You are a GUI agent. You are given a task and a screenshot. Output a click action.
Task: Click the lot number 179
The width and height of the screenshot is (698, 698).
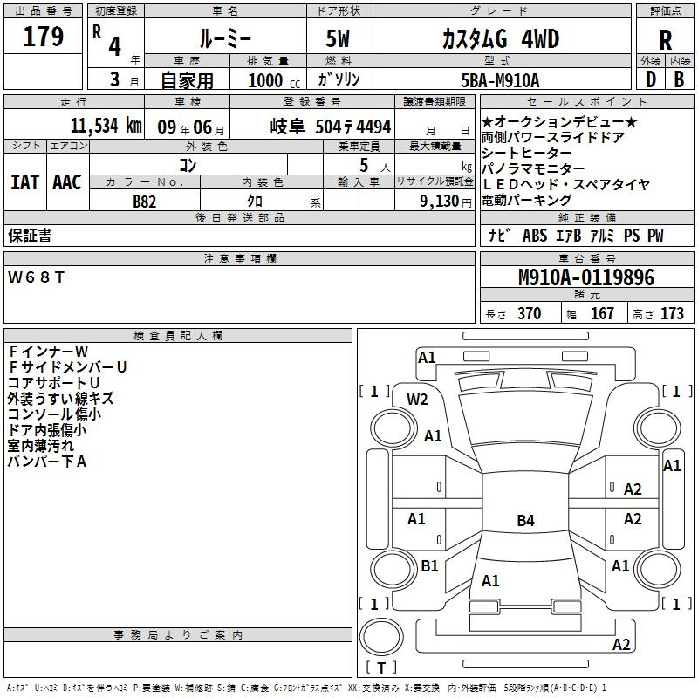(43, 36)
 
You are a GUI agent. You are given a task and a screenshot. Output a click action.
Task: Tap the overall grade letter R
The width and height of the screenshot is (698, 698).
(665, 40)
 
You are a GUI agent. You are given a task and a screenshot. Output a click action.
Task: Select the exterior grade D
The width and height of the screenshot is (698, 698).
(650, 79)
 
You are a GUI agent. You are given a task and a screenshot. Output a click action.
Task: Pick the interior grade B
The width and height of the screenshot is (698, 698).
(679, 79)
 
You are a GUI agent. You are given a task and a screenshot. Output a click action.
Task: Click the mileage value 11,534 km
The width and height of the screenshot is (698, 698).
(106, 126)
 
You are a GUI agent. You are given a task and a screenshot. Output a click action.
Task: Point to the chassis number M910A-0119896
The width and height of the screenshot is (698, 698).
(586, 277)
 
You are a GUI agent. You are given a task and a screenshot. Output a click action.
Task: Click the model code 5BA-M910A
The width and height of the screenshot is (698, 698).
(500, 80)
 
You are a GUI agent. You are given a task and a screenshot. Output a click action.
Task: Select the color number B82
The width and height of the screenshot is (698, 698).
(145, 202)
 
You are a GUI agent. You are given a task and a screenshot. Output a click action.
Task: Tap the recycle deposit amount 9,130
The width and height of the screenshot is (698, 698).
(440, 202)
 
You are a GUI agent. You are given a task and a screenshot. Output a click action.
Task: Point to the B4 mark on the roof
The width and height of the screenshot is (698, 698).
(525, 520)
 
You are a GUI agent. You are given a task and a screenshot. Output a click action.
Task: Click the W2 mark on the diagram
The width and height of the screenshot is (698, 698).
(417, 400)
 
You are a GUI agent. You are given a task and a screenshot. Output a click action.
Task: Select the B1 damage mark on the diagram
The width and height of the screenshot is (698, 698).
(429, 565)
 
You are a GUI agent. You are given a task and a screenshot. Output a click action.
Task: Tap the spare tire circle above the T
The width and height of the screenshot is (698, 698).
(381, 637)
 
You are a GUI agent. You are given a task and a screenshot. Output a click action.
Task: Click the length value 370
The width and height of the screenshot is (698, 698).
(529, 313)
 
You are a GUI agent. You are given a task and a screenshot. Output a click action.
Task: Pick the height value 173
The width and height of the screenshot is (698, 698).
(672, 313)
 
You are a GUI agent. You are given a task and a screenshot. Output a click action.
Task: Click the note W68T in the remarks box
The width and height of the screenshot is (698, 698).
(36, 277)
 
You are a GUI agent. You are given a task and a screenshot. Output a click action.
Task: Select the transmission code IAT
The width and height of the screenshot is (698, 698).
(25, 182)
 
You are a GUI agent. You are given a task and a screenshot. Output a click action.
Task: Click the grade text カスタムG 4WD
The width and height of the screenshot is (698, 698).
(500, 38)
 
